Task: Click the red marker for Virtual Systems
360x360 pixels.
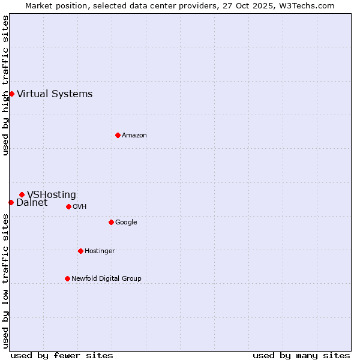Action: pos(11,94)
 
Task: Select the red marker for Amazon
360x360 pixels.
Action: pos(118,135)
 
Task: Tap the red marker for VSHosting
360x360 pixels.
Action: pos(22,194)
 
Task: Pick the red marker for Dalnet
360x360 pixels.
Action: pos(11,202)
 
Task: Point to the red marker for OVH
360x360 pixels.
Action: pos(68,206)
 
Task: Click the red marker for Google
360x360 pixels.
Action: pos(111,222)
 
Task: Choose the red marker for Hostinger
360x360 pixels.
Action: pos(80,251)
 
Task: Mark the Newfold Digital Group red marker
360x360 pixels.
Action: pos(67,278)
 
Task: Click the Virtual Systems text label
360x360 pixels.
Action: pos(55,94)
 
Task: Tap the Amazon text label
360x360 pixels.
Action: pos(134,135)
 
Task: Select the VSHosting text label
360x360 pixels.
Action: pos(52,194)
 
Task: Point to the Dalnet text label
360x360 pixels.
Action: pos(32,203)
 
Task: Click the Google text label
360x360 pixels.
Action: pos(126,222)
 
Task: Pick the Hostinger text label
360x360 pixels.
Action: pos(100,251)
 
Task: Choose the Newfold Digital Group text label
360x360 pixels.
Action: pos(106,278)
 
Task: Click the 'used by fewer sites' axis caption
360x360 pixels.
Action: pos(62,355)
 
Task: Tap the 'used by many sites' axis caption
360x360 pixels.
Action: pos(301,355)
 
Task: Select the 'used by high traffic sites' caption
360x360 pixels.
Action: pos(5,85)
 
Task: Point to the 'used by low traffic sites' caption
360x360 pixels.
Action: pos(5,281)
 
